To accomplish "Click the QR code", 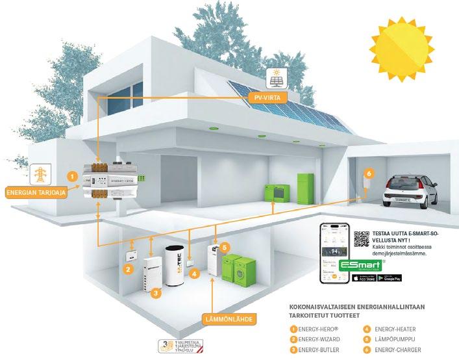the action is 361,238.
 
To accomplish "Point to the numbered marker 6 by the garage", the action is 369,174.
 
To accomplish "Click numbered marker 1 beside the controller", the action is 73,175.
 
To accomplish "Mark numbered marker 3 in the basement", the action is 156,293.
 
